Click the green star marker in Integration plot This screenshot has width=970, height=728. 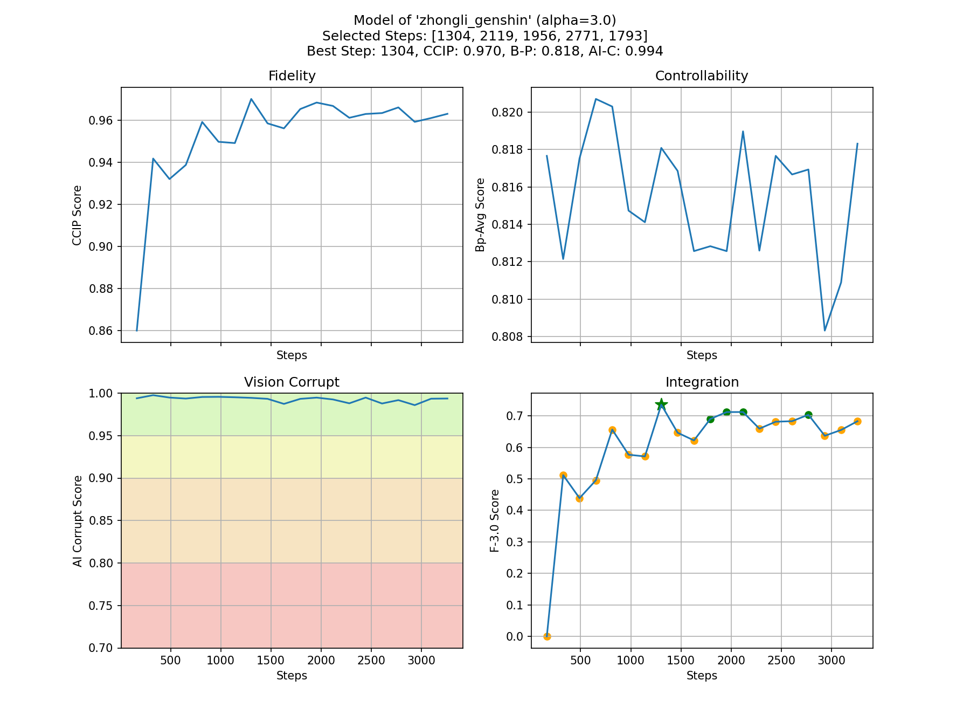pos(661,404)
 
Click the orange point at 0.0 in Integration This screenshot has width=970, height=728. pos(547,636)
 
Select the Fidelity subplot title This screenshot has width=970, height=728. pos(292,76)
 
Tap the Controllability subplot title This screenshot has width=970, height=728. pos(701,76)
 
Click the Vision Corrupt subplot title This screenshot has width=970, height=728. pos(292,382)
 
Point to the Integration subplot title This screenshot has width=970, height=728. pos(702,382)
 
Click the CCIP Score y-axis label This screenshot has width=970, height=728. pos(77,215)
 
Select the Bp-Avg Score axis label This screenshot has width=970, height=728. pos(480,215)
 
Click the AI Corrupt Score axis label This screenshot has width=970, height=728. pos(78,521)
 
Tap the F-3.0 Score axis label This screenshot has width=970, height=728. pos(495,520)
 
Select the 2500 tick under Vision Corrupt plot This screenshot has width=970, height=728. pos(371,661)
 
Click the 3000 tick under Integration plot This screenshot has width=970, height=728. pos(831,661)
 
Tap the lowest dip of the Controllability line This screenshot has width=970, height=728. pos(824,331)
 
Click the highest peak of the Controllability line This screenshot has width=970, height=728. pos(595,99)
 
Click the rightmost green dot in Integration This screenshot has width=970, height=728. pos(808,415)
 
